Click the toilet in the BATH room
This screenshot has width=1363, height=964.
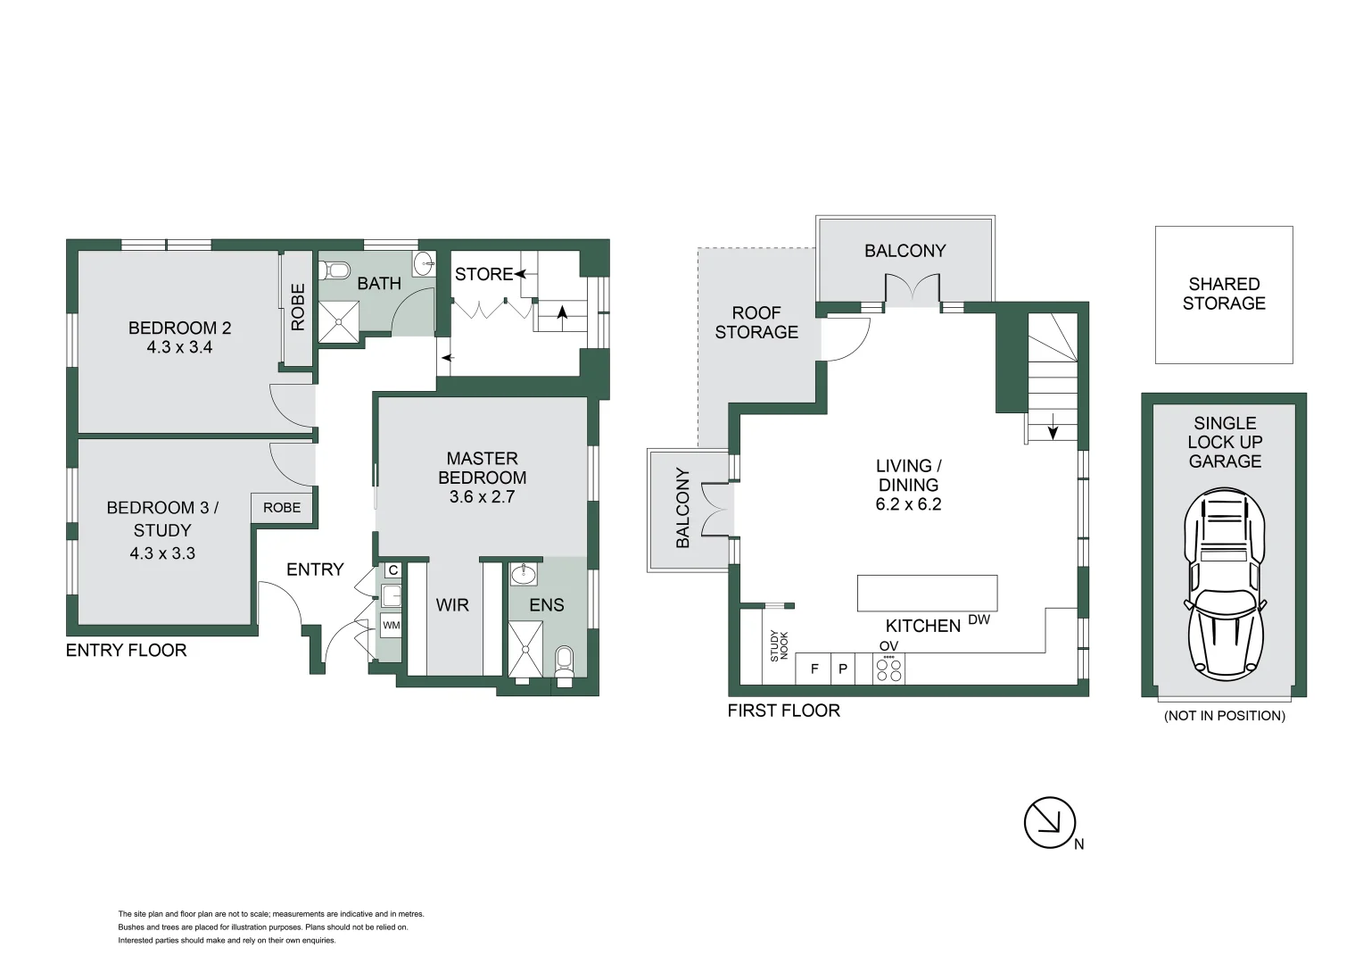pyautogui.click(x=335, y=270)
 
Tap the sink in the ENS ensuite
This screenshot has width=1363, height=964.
pyautogui.click(x=524, y=574)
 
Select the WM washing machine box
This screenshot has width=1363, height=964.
pyautogui.click(x=392, y=626)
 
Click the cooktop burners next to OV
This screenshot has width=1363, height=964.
pyautogui.click(x=888, y=669)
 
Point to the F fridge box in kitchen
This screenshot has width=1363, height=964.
pyautogui.click(x=814, y=669)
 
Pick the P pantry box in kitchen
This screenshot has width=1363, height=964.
pyautogui.click(x=843, y=669)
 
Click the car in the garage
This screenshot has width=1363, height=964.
pyautogui.click(x=1224, y=585)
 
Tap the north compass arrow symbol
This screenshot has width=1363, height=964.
pyautogui.click(x=1050, y=823)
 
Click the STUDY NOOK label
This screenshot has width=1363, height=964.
pyautogui.click(x=779, y=646)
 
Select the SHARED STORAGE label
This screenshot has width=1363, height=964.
pyautogui.click(x=1224, y=294)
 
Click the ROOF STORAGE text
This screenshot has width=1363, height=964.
pyautogui.click(x=756, y=322)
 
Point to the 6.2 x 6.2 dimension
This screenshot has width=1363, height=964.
pyautogui.click(x=908, y=504)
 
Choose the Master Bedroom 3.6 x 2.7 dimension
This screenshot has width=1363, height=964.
pyautogui.click(x=482, y=497)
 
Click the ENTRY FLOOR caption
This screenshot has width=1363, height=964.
pyautogui.click(x=126, y=651)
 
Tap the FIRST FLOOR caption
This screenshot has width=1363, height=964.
pyautogui.click(x=784, y=711)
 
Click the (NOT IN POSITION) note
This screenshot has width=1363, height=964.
pyautogui.click(x=1224, y=716)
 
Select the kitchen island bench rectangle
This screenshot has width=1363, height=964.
pyautogui.click(x=928, y=594)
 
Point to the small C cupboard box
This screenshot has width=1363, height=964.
pyautogui.click(x=393, y=570)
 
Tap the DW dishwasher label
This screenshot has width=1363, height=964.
pyautogui.click(x=979, y=619)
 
